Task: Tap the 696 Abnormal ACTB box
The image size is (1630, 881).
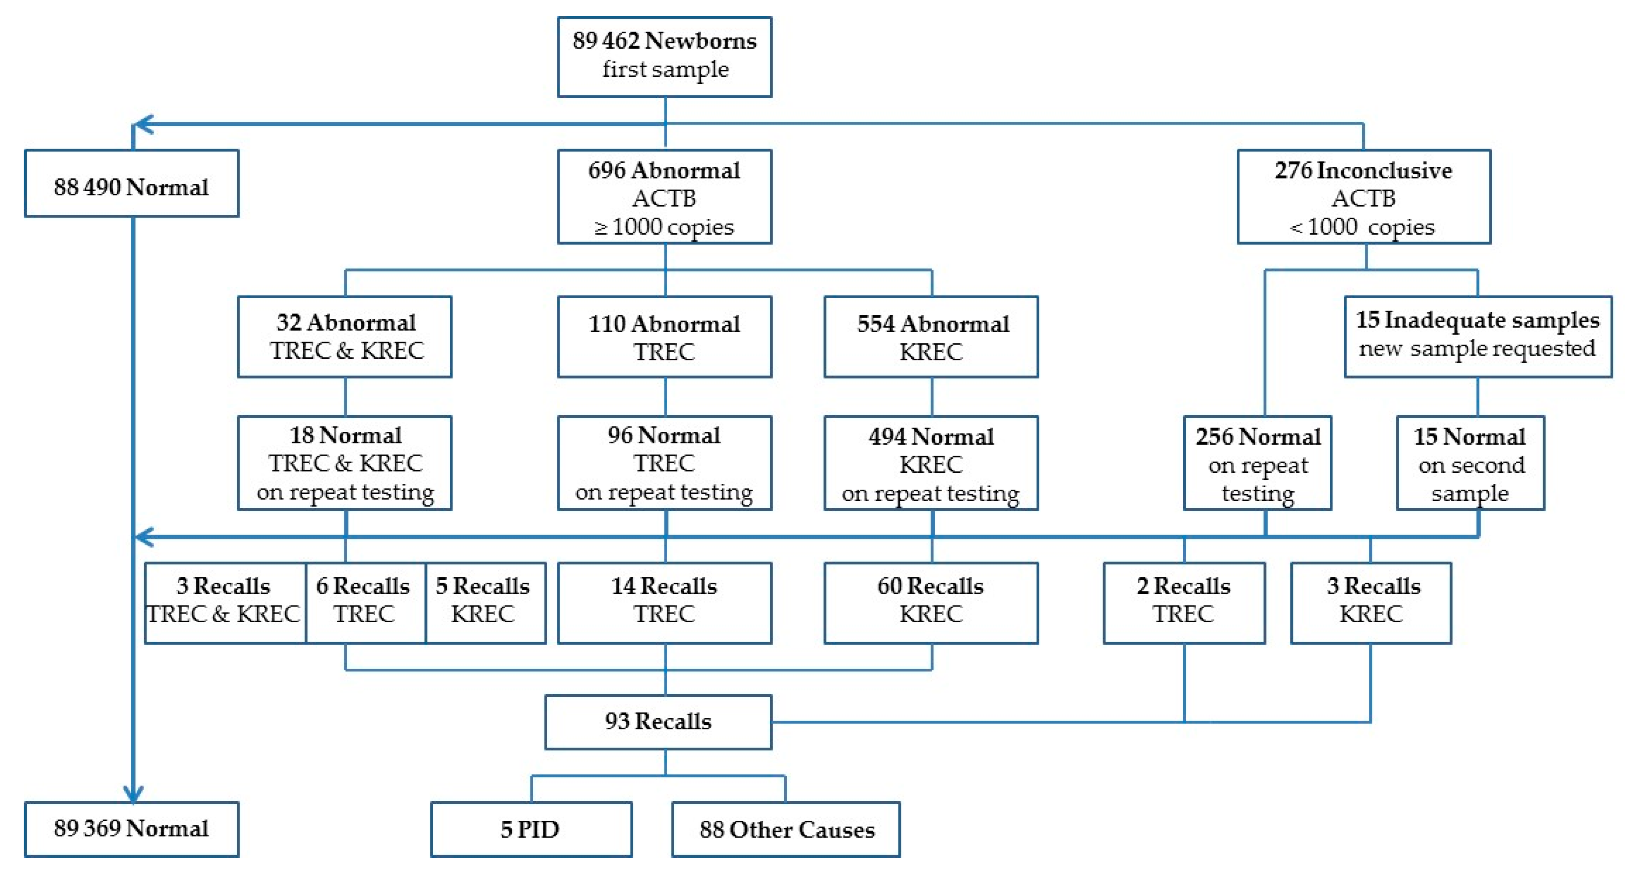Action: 664,197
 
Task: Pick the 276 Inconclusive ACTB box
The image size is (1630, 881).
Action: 1364,197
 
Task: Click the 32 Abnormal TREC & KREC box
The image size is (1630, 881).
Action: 345,336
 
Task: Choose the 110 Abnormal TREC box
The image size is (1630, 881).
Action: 664,336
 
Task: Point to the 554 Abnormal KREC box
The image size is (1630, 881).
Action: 931,336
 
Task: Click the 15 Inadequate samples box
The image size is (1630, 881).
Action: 1478,336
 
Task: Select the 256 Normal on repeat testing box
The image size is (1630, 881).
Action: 1257,463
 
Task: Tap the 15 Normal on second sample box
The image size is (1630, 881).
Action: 1470,463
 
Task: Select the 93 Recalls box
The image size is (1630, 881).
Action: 658,722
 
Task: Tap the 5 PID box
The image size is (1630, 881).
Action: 531,829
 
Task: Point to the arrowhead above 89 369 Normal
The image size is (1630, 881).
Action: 133,794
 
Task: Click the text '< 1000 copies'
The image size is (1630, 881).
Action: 1362,226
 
